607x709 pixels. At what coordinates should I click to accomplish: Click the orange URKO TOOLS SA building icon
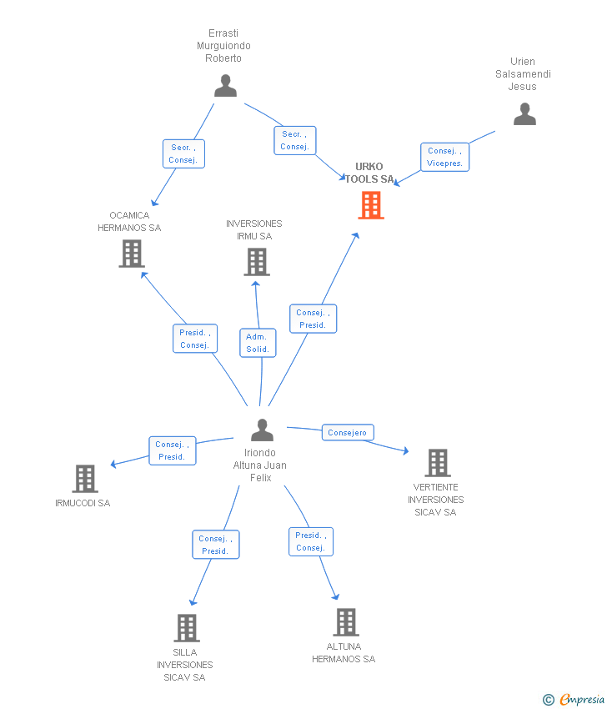(x=371, y=205)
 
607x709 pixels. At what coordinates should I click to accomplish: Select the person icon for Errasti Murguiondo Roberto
(x=225, y=86)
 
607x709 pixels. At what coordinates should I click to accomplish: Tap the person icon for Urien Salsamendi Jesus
(x=524, y=114)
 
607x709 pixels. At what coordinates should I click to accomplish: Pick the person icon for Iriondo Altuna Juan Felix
(x=262, y=430)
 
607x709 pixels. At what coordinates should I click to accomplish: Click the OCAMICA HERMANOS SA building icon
(x=132, y=254)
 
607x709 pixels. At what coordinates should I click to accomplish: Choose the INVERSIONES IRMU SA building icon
(x=256, y=262)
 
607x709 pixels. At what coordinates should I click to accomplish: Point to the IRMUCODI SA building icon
(x=85, y=479)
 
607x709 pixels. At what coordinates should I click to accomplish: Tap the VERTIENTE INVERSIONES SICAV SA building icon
(x=437, y=463)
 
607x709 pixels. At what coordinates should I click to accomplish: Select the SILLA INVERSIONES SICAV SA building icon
(x=186, y=628)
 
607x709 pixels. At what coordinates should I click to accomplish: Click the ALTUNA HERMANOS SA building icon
(x=345, y=622)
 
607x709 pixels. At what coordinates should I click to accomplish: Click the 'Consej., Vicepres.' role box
(x=444, y=157)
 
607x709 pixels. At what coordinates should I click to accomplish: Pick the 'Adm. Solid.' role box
(x=258, y=343)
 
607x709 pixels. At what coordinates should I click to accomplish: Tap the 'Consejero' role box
(x=348, y=433)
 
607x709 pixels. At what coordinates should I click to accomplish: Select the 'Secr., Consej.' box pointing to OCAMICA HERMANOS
(x=183, y=153)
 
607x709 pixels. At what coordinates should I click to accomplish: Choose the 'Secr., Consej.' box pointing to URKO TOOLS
(x=295, y=140)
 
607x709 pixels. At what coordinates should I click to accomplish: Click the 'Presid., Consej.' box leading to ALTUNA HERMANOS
(x=311, y=541)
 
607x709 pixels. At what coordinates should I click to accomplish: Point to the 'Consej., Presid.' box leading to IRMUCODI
(x=173, y=450)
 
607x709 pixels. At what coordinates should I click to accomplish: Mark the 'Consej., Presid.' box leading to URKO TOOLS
(x=314, y=319)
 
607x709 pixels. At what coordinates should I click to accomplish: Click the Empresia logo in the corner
(x=574, y=700)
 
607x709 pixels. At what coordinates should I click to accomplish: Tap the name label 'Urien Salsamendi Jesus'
(x=523, y=73)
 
